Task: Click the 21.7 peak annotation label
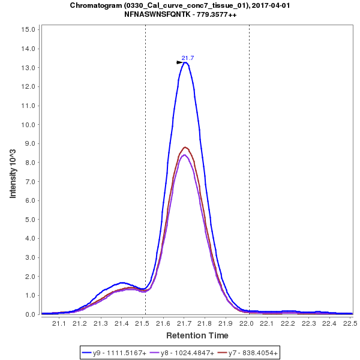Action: [188, 58]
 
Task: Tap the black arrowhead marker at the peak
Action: [179, 62]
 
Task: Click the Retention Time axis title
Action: [197, 335]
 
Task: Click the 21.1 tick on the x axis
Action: [59, 323]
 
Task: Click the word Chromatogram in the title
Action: [96, 5]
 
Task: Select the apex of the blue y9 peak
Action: [186, 62]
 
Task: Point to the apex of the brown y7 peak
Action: [185, 147]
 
